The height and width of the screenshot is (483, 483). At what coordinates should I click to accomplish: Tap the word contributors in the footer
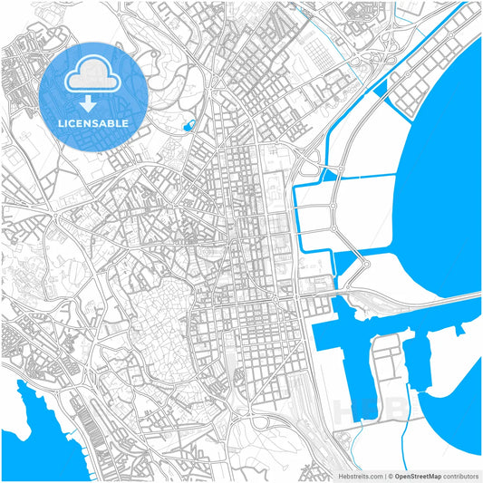pos(458,476)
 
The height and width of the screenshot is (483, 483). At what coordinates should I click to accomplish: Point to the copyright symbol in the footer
pos(388,476)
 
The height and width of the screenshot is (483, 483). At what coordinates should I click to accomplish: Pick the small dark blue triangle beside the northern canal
pos(379,87)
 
